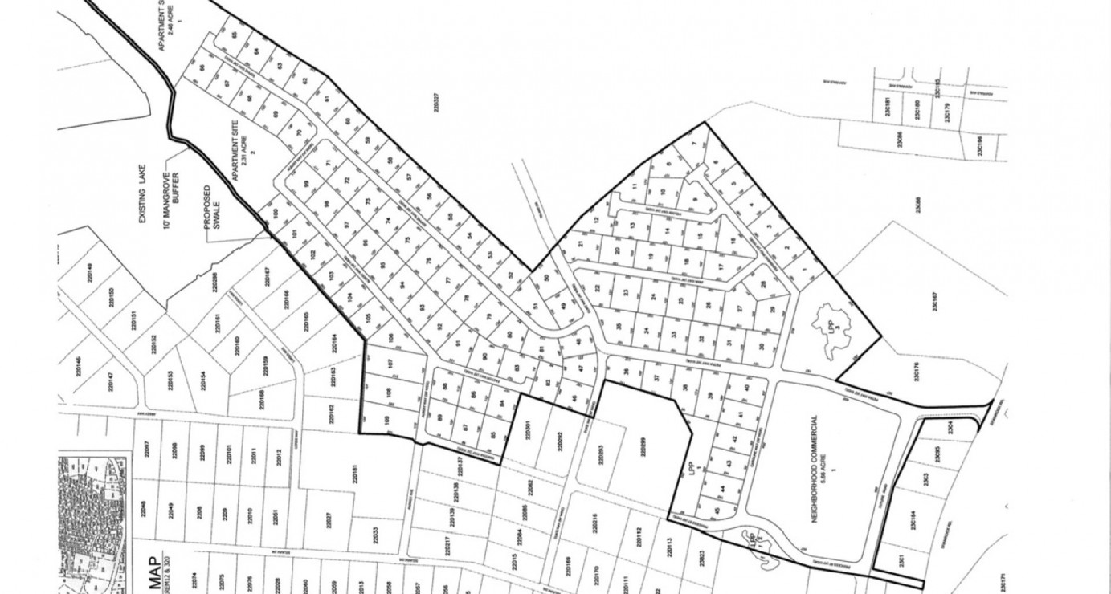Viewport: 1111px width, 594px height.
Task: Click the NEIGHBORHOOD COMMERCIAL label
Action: (x=818, y=470)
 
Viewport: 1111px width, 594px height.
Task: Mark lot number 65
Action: (x=235, y=36)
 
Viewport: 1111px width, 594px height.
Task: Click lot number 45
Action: (x=715, y=511)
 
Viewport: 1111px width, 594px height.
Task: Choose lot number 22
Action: (x=596, y=287)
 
